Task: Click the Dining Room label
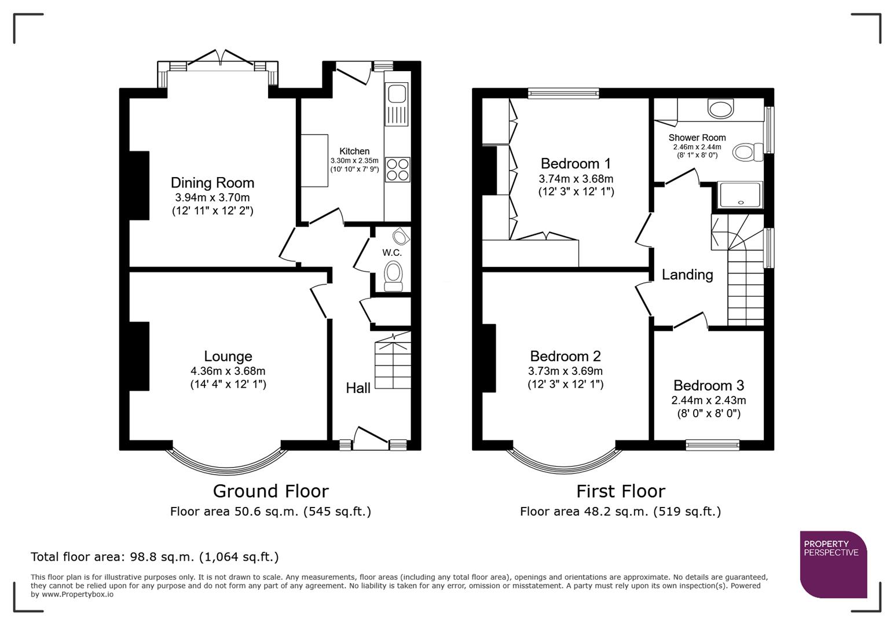[x=212, y=183]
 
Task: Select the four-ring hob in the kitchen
[x=397, y=169]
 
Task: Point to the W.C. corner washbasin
[x=400, y=236]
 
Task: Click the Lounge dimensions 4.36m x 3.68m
[x=228, y=371]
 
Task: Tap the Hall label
[x=358, y=388]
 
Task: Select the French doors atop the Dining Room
[x=219, y=60]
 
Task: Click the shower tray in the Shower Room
[x=740, y=195]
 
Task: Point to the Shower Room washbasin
[x=720, y=108]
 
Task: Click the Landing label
[x=687, y=274]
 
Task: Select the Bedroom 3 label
[x=708, y=385]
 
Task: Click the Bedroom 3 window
[x=712, y=444]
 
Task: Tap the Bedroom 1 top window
[x=563, y=93]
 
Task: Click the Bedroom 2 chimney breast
[x=489, y=358]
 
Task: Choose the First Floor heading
[x=620, y=491]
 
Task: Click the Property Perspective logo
[x=833, y=564]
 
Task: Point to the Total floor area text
[x=155, y=557]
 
